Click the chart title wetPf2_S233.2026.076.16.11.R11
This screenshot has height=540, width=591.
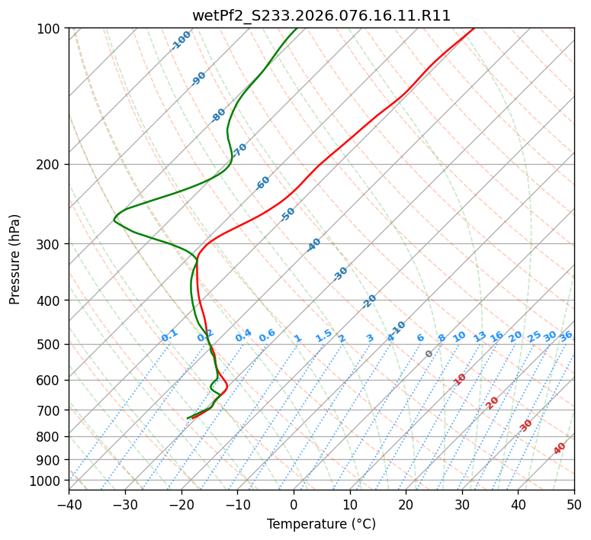click(321, 15)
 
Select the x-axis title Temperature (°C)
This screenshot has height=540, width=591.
click(321, 525)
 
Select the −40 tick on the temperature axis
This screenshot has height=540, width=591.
click(69, 504)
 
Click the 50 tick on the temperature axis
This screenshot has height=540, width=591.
click(574, 504)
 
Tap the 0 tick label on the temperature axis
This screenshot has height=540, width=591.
click(294, 504)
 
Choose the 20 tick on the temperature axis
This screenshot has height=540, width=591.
click(406, 504)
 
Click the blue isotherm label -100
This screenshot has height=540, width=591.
click(181, 40)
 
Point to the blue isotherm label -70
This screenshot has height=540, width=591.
click(240, 150)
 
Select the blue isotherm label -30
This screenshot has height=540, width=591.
click(341, 274)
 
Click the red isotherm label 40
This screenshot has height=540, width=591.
click(560, 448)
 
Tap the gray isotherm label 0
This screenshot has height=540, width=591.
click(429, 354)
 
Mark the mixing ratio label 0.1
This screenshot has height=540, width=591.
click(169, 336)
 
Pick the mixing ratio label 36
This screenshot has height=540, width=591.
click(566, 336)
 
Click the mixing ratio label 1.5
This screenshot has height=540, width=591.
click(323, 336)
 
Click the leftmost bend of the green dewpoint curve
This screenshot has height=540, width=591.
click(114, 220)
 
